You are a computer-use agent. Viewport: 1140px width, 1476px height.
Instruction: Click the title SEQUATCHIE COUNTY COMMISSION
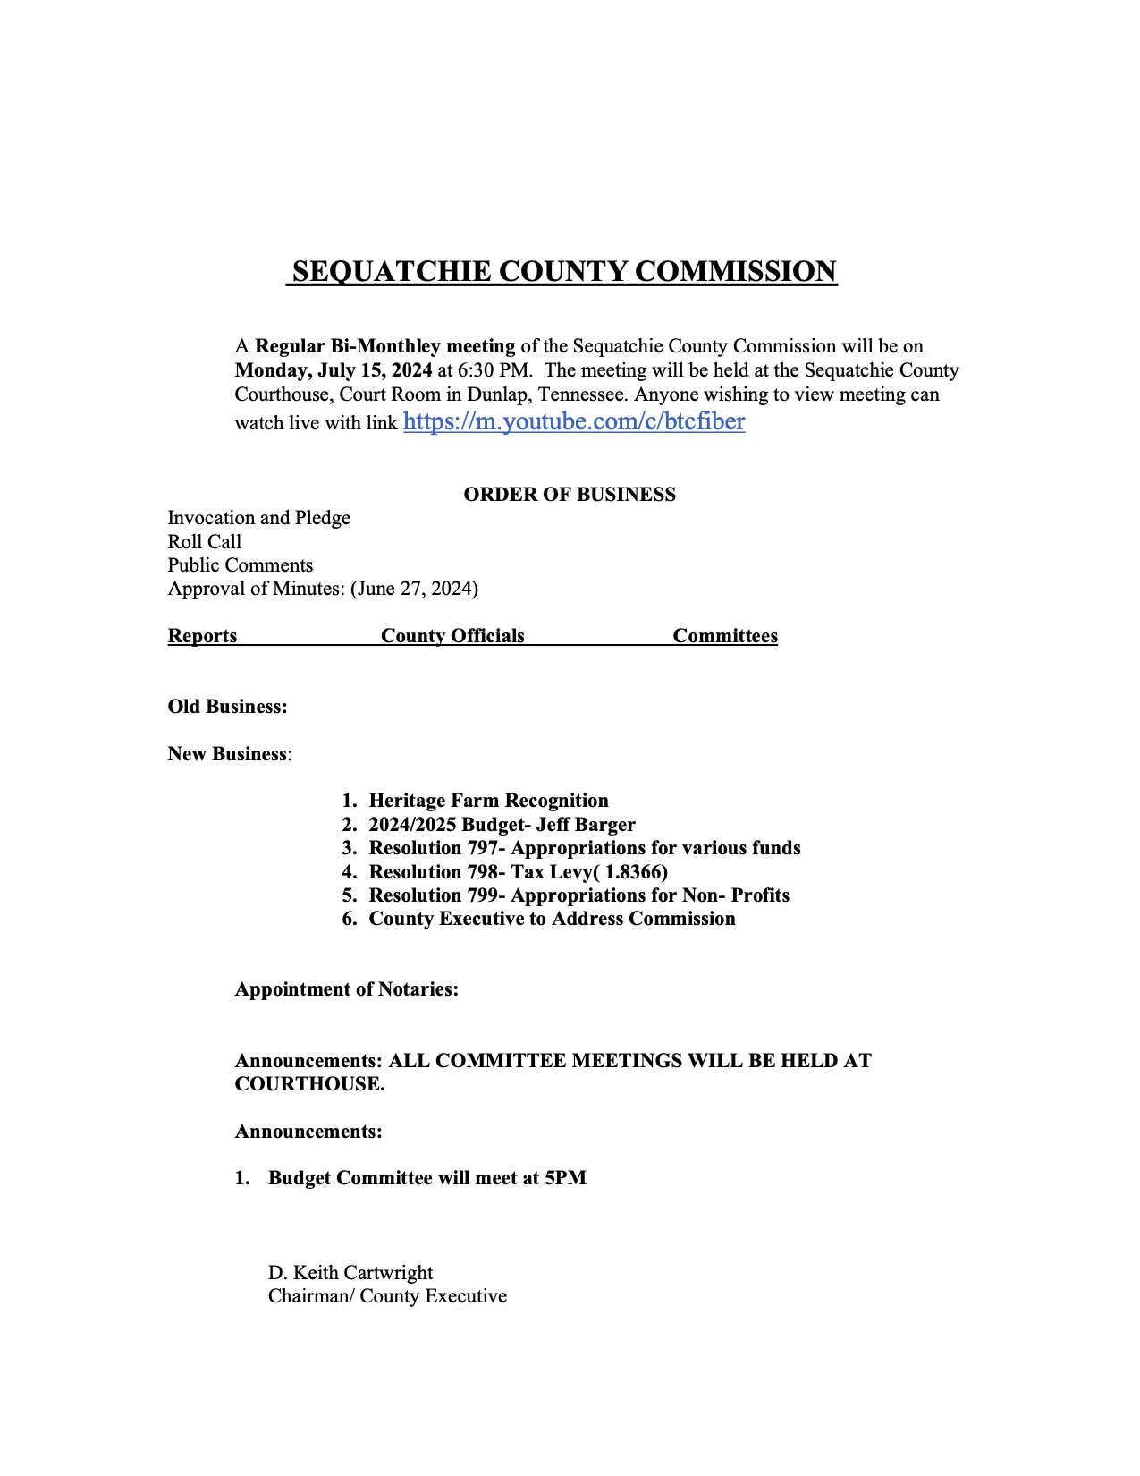click(564, 271)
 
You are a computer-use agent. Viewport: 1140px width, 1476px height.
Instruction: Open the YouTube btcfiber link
click(573, 421)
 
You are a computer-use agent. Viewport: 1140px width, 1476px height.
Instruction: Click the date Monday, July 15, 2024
click(334, 370)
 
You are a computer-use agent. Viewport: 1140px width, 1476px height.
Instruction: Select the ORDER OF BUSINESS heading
click(570, 495)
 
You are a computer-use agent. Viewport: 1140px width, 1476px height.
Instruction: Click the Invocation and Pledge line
click(258, 518)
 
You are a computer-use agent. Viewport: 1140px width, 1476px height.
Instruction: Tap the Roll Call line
click(204, 542)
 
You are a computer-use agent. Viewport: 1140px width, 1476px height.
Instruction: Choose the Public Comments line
click(240, 565)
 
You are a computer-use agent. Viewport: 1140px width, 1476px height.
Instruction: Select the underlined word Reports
click(202, 636)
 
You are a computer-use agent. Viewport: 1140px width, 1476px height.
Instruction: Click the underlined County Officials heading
click(452, 636)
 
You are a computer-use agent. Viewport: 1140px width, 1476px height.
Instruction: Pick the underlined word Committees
click(725, 636)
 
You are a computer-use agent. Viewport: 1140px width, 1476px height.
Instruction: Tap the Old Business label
click(227, 707)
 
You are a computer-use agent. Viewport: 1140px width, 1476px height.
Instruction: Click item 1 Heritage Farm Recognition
click(488, 801)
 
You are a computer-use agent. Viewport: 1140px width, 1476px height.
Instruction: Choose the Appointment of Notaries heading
click(346, 989)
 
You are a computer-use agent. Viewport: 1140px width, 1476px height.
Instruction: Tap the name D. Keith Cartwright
click(350, 1273)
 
